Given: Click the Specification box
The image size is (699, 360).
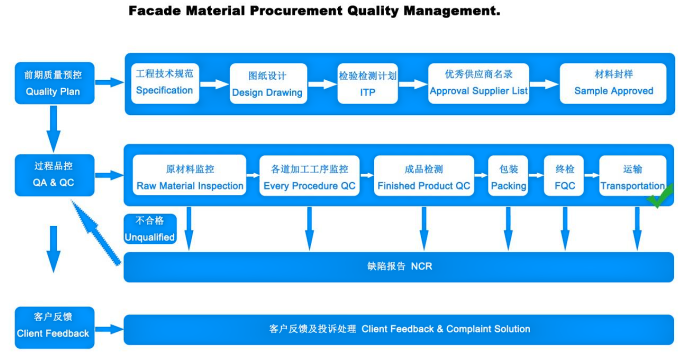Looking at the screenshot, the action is point(165,83).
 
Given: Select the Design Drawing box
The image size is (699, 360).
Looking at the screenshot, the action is point(268,83).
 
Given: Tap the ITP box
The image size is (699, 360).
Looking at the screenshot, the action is point(367,83).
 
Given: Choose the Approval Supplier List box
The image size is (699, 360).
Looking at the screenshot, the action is point(478,83).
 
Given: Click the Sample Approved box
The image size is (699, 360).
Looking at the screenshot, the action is point(613,83).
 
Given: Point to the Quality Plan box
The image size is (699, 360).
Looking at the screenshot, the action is point(54,83).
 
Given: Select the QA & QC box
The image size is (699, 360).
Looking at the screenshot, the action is point(54,175).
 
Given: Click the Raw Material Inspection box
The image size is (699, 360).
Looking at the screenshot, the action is point(189,175).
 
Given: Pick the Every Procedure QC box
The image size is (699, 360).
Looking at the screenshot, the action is point(309,175).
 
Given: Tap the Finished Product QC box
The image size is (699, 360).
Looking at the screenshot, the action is point(424,175).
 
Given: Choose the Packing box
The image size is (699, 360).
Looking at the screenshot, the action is point(508,175).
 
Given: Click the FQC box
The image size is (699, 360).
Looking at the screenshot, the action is point(563,175).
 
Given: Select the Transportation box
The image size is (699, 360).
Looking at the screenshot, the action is point(633,175).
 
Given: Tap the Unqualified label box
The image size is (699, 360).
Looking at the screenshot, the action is point(150,228).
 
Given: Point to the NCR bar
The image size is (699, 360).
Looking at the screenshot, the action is point(399,267).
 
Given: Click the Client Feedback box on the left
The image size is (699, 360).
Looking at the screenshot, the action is point(54,327).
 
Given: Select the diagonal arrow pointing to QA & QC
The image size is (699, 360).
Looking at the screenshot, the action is point(95,232).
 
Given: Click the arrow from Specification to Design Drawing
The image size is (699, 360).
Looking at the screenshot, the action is point(214,84).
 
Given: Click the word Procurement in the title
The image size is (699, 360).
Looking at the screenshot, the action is point(296,11).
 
